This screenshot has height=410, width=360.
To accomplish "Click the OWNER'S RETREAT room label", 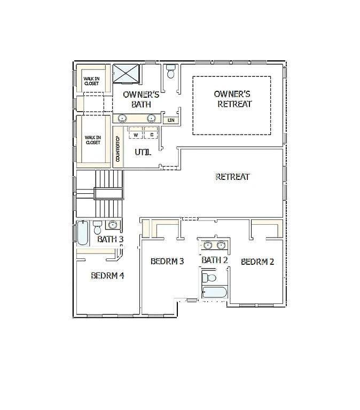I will (x=232, y=99).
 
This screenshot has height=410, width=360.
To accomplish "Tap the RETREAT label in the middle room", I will (x=232, y=177).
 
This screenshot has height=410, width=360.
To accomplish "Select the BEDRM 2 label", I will (x=257, y=262).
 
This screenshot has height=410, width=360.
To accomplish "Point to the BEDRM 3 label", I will (x=167, y=261).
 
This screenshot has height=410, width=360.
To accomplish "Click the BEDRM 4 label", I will (x=107, y=276).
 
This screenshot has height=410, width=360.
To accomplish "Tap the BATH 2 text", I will (x=215, y=260).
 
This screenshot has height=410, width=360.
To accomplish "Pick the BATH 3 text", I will (x=110, y=239).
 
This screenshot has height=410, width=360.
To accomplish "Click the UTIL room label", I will (x=143, y=152).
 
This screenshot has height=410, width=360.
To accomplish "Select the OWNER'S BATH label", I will (x=141, y=99).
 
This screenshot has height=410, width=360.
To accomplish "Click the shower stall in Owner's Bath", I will (x=126, y=74).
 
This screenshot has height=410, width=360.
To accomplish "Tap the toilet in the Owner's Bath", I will (x=171, y=70).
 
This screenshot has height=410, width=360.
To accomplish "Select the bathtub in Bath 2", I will (x=214, y=291).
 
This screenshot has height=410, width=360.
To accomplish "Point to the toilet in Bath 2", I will (x=209, y=278).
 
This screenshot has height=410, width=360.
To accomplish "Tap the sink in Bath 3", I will (x=112, y=225).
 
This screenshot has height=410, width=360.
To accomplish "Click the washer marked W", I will (x=136, y=135).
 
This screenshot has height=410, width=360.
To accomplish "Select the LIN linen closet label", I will (x=171, y=120).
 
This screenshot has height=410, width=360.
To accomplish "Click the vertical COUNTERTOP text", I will (x=118, y=148).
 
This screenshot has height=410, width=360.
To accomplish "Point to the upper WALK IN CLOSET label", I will (x=91, y=81).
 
